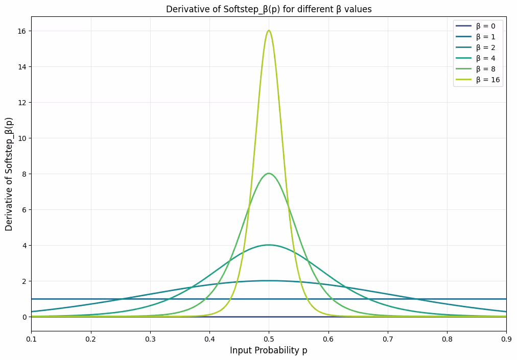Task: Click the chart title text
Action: tap(269, 9)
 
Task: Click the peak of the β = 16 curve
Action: tap(269, 31)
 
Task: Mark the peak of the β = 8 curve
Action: tap(269, 174)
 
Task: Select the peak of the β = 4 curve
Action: tap(269, 245)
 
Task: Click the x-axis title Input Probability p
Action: tap(269, 350)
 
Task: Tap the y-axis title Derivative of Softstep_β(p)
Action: tap(9, 174)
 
